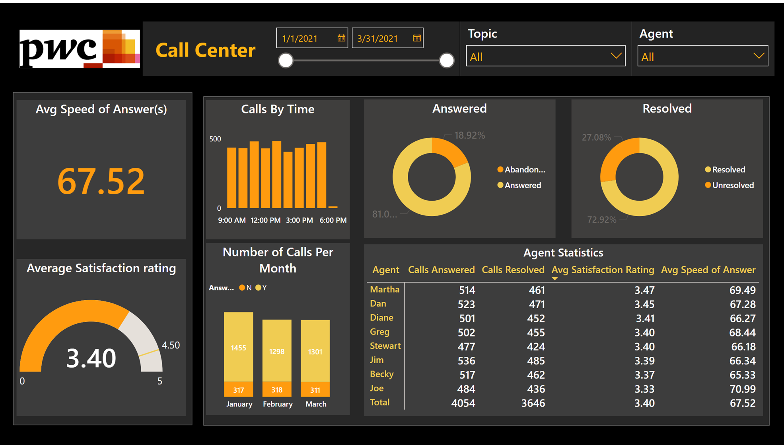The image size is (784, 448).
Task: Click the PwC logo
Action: pyautogui.click(x=80, y=49)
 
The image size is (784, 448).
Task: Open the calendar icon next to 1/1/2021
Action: pyautogui.click(x=341, y=38)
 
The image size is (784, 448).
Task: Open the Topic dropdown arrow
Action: pyautogui.click(x=616, y=56)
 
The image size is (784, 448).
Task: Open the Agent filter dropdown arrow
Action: pyautogui.click(x=758, y=56)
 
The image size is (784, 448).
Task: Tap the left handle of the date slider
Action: pyautogui.click(x=286, y=61)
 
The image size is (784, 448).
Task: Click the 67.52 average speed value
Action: pyautogui.click(x=101, y=182)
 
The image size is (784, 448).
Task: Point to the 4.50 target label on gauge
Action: pyautogui.click(x=171, y=345)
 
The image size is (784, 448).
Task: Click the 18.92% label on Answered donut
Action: pyautogui.click(x=469, y=135)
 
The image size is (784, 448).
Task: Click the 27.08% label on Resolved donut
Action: pyautogui.click(x=596, y=137)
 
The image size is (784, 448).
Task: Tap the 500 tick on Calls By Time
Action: pyautogui.click(x=215, y=139)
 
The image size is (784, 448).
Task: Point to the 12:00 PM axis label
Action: pyautogui.click(x=265, y=220)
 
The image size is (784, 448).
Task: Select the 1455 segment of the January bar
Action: pyautogui.click(x=238, y=348)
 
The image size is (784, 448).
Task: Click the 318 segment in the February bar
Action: pyautogui.click(x=277, y=390)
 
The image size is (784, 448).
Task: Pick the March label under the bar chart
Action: pyautogui.click(x=316, y=404)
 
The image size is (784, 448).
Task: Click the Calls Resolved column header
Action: pyautogui.click(x=513, y=270)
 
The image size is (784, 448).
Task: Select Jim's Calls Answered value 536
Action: pyautogui.click(x=466, y=361)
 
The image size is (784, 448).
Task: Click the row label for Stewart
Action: pyautogui.click(x=385, y=346)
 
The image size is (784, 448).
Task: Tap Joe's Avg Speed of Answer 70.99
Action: pyautogui.click(x=742, y=389)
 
